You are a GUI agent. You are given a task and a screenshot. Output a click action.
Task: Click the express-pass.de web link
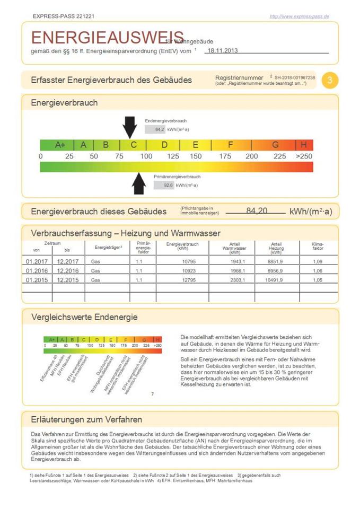tap(299, 16)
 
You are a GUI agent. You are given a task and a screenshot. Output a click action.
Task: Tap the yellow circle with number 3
tap(330, 80)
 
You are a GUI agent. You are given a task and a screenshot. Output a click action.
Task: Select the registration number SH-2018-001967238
tap(295, 77)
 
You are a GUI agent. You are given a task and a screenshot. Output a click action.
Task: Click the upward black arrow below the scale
tap(139, 183)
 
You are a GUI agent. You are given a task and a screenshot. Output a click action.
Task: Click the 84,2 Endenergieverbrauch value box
tap(155, 129)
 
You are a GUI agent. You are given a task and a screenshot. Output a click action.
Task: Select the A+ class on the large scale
tap(60, 145)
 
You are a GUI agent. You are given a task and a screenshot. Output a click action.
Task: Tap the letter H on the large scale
tap(304, 145)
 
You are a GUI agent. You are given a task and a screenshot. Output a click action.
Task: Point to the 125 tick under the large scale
tap(173, 156)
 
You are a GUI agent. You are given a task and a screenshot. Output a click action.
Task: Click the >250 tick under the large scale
tap(304, 156)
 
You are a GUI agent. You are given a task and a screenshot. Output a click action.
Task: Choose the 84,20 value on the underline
tap(257, 211)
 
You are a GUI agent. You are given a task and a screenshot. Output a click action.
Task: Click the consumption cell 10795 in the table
tap(181, 261)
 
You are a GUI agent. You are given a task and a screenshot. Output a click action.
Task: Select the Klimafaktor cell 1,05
tap(318, 280)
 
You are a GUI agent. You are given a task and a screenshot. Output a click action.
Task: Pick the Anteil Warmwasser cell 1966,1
tap(236, 270)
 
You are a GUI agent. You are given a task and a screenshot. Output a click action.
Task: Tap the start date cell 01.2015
tap(37, 280)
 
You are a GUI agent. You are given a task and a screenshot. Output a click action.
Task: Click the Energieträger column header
tap(109, 247)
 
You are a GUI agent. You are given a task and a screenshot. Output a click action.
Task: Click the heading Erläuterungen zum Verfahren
tap(86, 419)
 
